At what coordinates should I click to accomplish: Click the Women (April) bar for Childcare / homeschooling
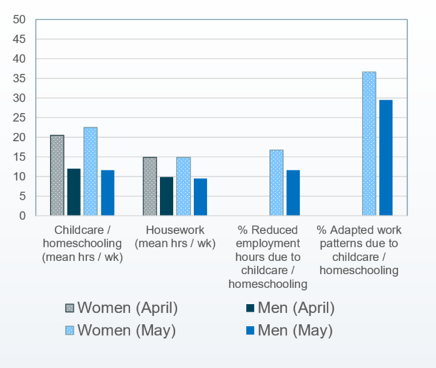[57, 176]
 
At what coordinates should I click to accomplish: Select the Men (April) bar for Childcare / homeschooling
[73, 192]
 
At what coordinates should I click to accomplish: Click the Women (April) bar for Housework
[150, 186]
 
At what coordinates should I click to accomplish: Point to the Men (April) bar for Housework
[166, 196]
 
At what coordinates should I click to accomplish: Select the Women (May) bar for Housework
[183, 186]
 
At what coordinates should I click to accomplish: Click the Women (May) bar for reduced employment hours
[276, 182]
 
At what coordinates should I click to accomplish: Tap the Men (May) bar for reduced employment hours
[292, 192]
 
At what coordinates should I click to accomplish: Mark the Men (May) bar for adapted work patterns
[385, 158]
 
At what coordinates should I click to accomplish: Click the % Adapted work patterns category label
[359, 250]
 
